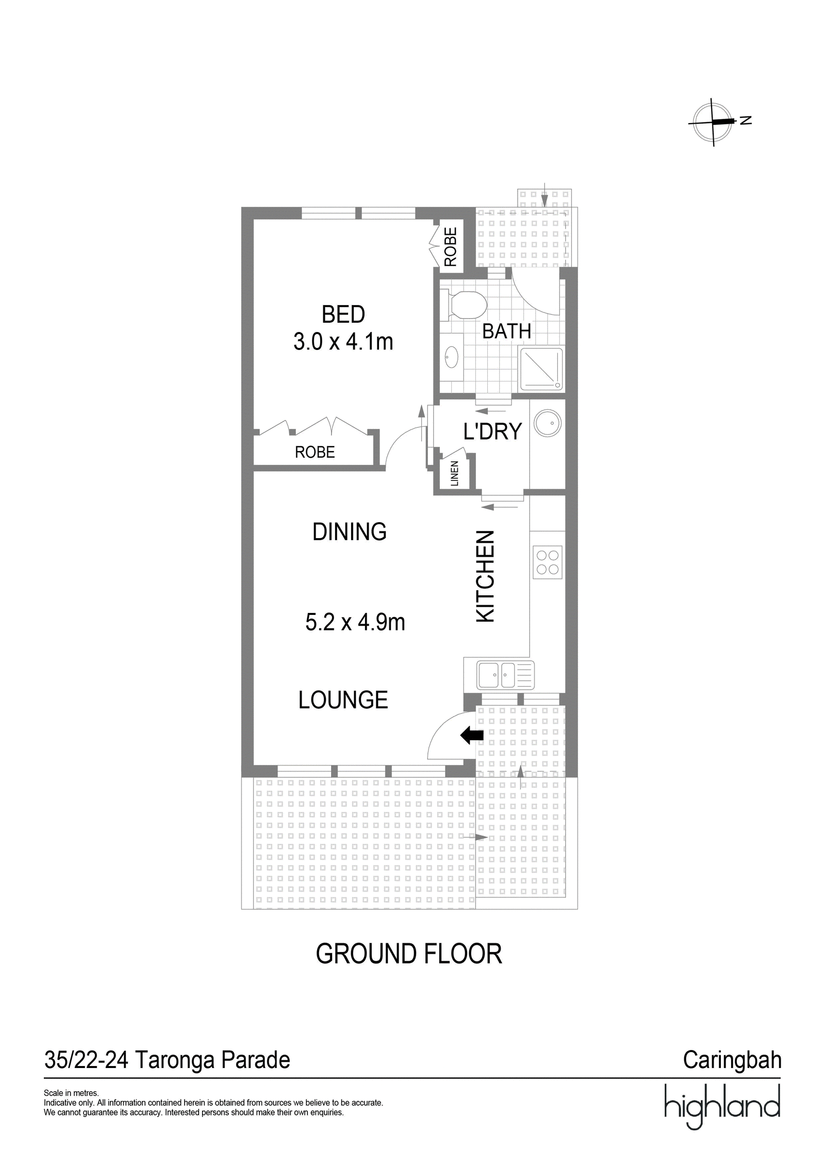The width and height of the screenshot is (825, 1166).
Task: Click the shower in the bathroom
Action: click(541, 369)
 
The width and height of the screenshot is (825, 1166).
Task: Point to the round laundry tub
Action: click(548, 423)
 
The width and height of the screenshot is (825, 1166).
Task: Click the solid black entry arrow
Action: click(471, 736)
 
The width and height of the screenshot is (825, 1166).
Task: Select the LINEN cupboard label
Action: click(454, 473)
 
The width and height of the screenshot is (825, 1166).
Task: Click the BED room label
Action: click(343, 314)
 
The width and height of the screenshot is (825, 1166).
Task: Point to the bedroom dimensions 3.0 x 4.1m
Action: click(343, 342)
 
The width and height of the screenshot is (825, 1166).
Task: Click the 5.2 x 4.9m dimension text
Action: click(355, 623)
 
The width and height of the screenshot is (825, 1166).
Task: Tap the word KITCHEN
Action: click(485, 576)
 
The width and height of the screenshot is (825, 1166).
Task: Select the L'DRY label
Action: click(492, 431)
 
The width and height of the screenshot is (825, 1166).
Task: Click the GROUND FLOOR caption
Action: click(409, 954)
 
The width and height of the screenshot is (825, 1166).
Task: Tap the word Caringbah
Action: click(732, 1060)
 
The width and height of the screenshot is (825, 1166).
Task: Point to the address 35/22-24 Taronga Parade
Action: click(168, 1060)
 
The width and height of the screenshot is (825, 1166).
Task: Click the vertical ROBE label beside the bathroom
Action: click(451, 247)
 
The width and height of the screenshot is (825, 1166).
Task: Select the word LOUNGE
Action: click(343, 700)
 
